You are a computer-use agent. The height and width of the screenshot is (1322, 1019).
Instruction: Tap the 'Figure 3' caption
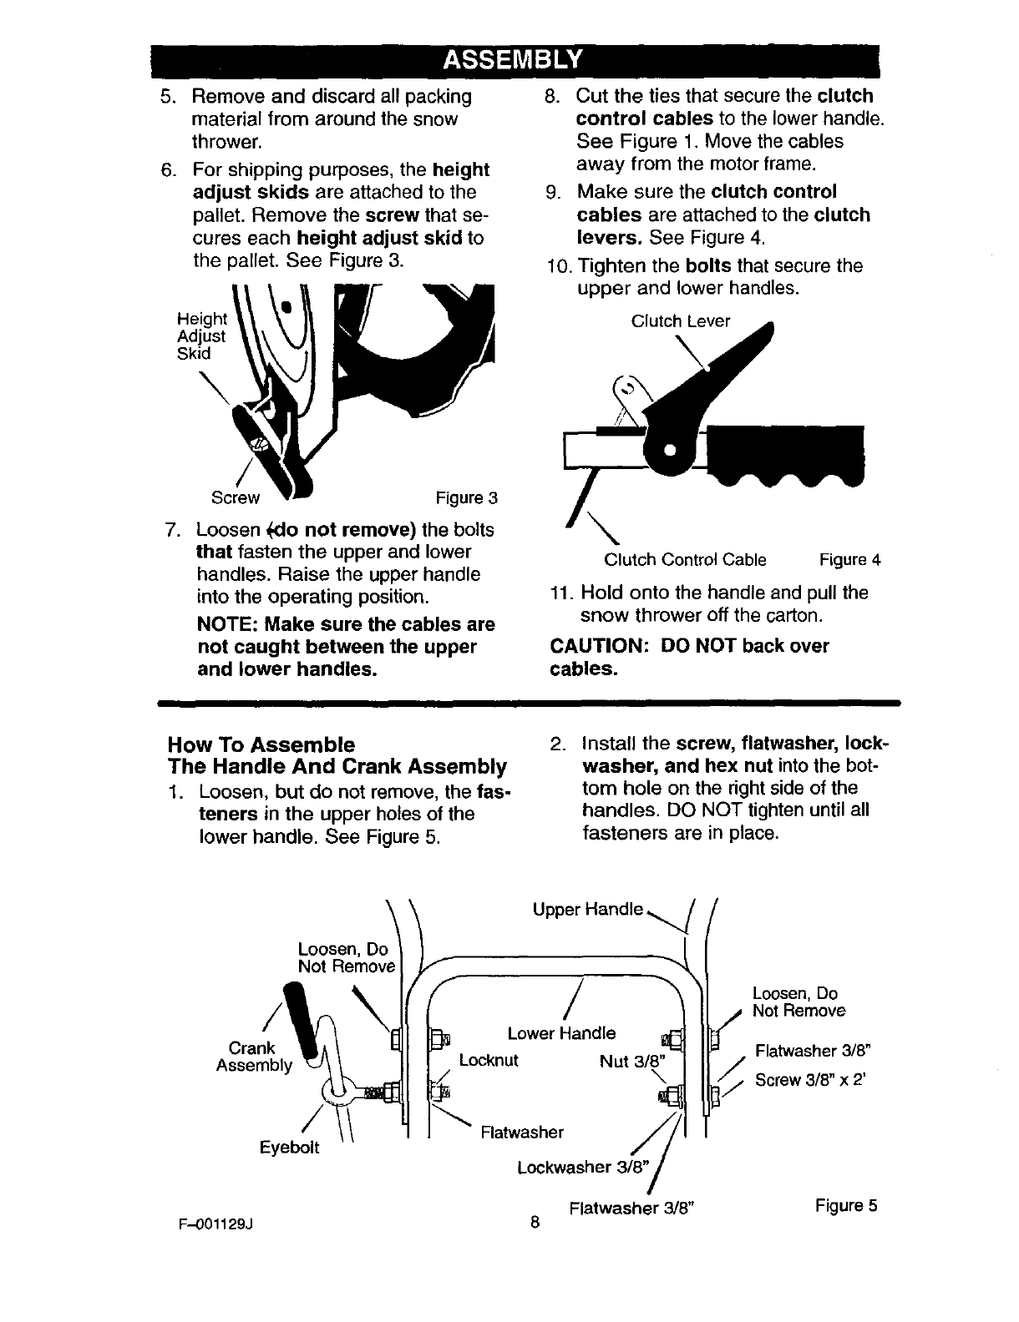[467, 499]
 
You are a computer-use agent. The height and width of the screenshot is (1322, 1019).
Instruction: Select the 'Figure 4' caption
[850, 560]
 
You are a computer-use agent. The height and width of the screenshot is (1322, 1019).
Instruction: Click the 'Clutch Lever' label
[681, 321]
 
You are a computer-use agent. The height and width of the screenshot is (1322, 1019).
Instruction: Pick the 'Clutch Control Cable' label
[685, 560]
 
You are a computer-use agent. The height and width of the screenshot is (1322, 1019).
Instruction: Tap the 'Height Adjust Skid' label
[201, 336]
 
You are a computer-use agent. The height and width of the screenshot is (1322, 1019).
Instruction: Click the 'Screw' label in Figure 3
[236, 499]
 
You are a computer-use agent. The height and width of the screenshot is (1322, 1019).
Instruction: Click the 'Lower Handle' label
[561, 1033]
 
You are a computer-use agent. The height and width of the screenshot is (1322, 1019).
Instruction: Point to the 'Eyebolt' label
[289, 1148]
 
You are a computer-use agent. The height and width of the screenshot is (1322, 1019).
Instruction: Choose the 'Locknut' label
[489, 1061]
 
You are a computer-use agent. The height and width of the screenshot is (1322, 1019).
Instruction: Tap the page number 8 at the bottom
[535, 1224]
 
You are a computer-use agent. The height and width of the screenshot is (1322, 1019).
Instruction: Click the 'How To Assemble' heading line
[261, 744]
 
